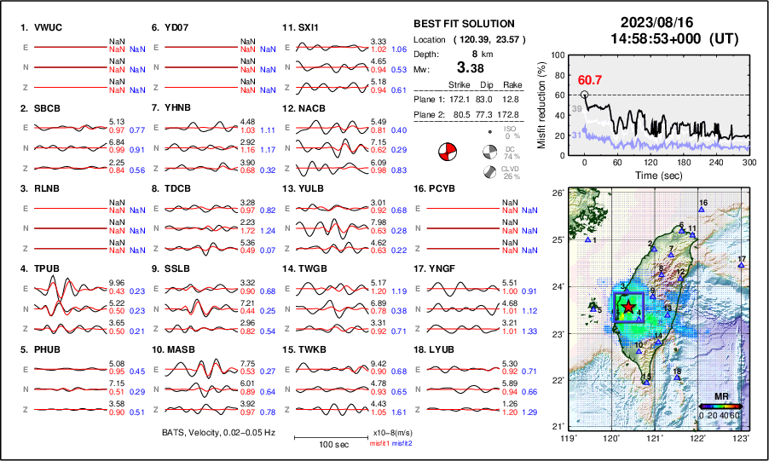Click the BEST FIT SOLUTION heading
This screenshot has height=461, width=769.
pyautogui.click(x=463, y=24)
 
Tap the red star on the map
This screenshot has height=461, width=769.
pyautogui.click(x=627, y=307)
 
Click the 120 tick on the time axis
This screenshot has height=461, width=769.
pyautogui.click(x=651, y=162)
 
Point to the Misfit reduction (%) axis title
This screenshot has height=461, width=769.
pyautogui.click(x=542, y=103)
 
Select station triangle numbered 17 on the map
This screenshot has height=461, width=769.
pyautogui.click(x=742, y=266)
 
